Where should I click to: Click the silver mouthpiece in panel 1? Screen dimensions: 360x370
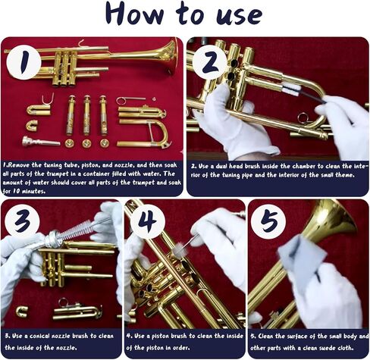pyautogui.click(x=39, y=141)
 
